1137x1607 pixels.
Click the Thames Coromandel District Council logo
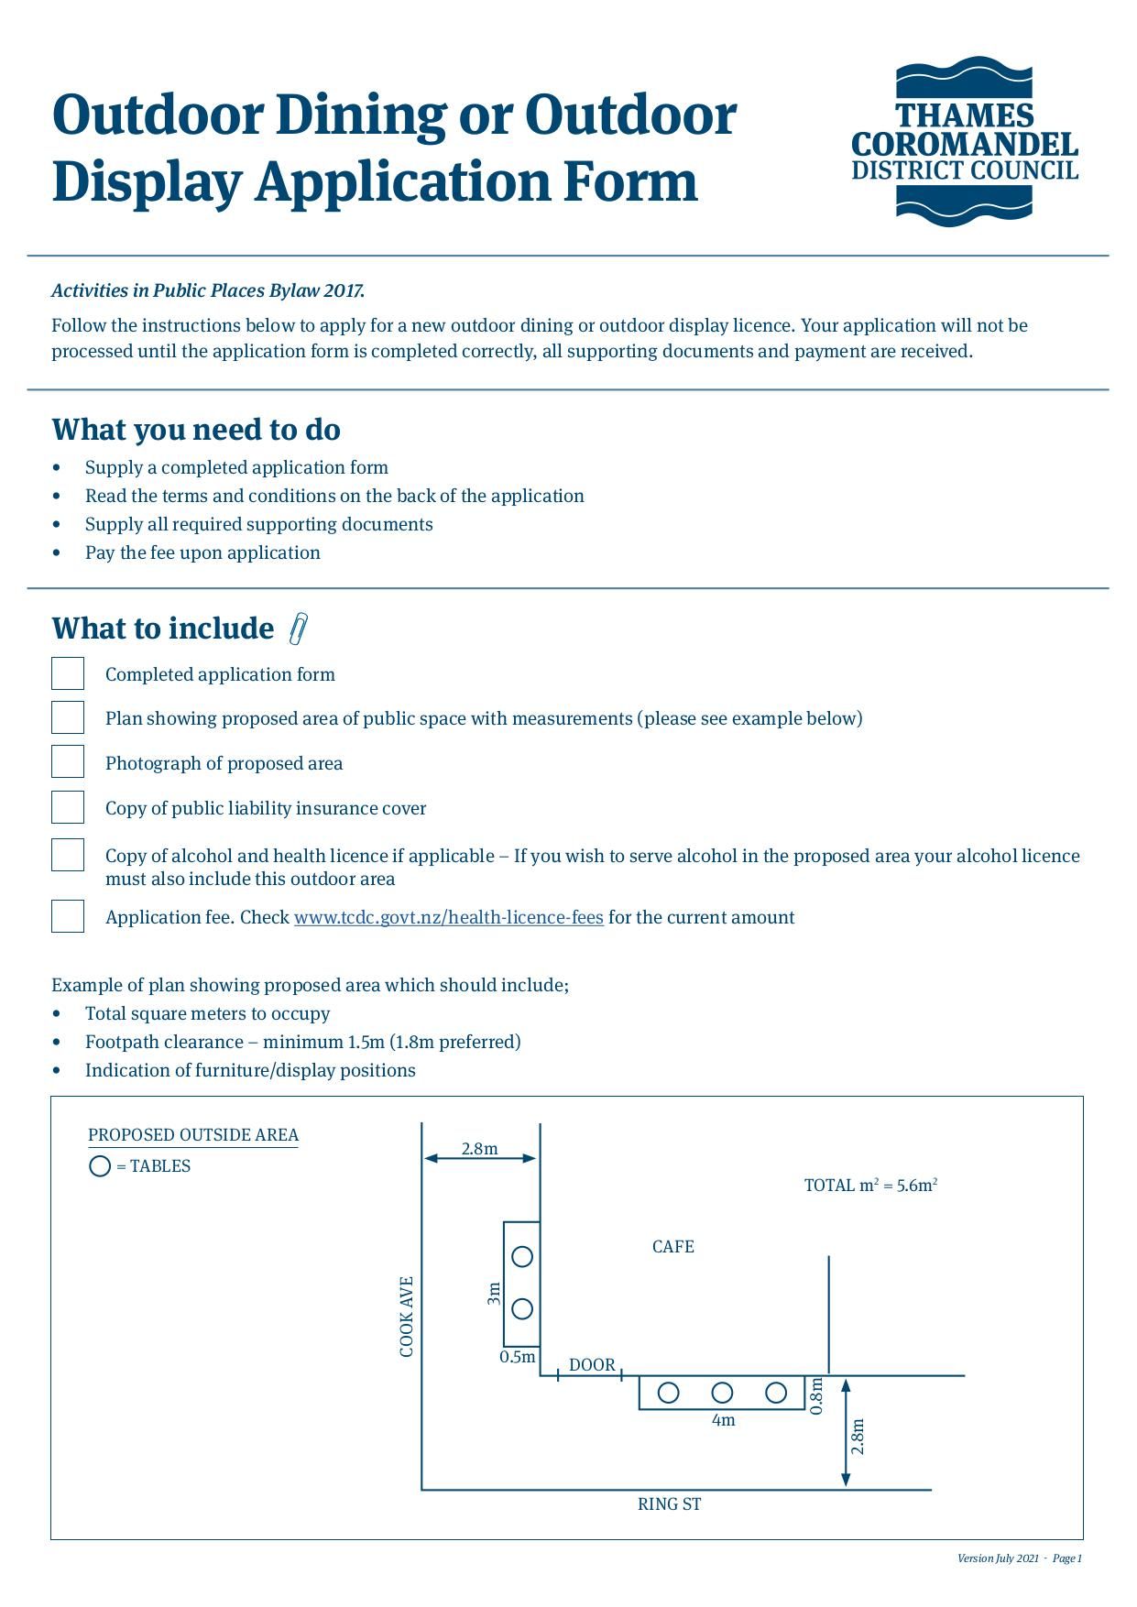click(965, 142)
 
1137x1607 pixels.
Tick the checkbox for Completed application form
click(68, 673)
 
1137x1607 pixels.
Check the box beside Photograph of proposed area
click(68, 761)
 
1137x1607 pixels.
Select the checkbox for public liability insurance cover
click(68, 807)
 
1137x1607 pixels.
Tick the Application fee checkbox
click(68, 916)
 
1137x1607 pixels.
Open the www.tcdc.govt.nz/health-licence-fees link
click(448, 917)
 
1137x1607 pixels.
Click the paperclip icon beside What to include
click(298, 629)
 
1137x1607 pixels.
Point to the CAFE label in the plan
click(672, 1246)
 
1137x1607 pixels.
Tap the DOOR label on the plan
click(592, 1365)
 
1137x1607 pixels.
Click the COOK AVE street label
click(407, 1317)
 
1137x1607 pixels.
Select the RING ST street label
click(669, 1504)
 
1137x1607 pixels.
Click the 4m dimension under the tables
click(723, 1421)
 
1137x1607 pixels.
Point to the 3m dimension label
click(494, 1293)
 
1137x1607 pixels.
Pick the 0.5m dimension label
click(518, 1357)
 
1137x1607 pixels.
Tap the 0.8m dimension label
click(817, 1396)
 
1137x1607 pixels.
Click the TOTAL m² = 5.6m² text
click(870, 1186)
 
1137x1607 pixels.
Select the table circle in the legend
click(100, 1166)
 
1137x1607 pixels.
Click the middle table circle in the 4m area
click(722, 1393)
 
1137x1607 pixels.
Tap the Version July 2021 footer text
click(998, 1558)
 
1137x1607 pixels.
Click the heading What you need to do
click(196, 430)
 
